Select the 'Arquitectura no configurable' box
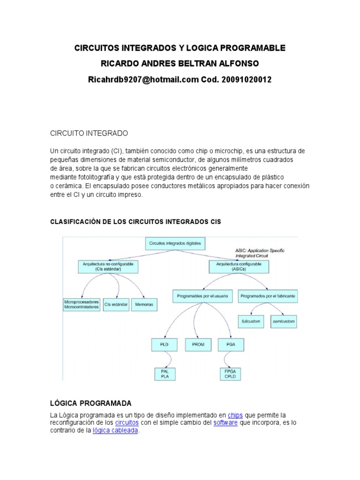101,267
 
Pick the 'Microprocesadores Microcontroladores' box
81,304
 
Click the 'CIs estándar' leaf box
116,305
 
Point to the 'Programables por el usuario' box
202,296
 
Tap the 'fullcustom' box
251,322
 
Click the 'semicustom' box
284,322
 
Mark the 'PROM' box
198,345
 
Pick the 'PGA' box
230,345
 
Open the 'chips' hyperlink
235,415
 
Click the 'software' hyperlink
225,423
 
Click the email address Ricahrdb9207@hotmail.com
143,80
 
